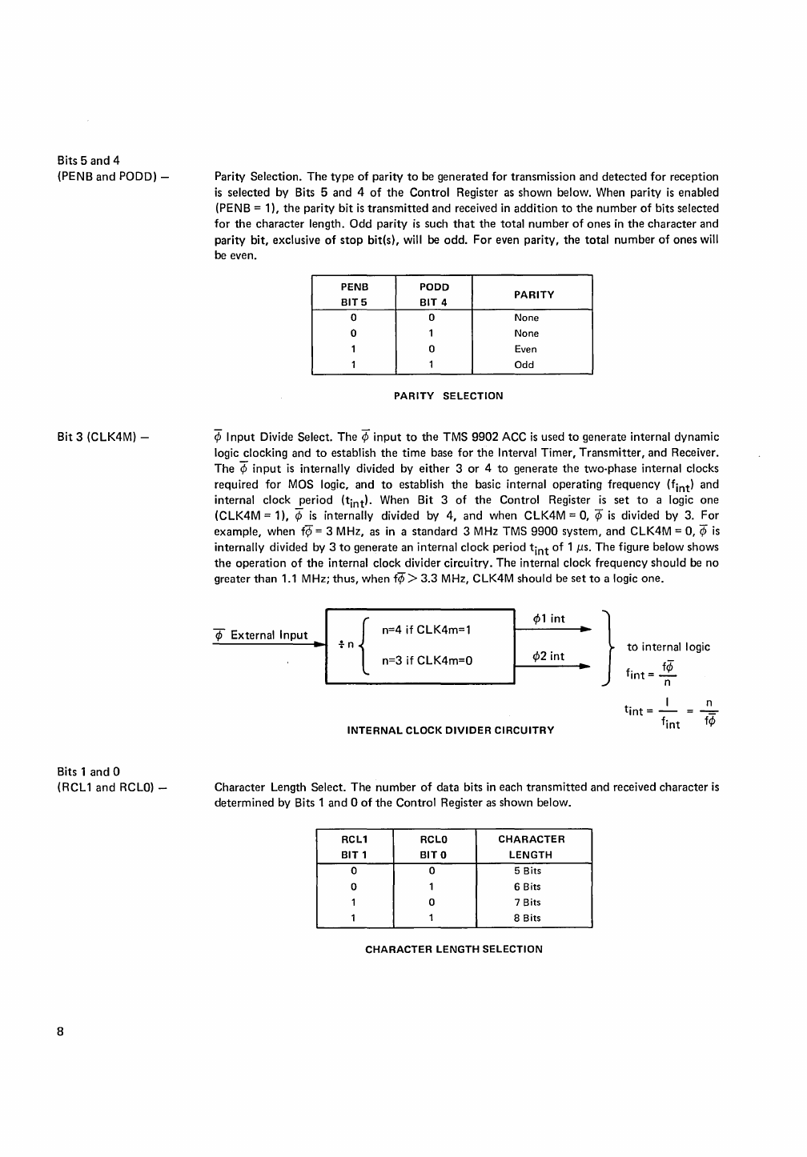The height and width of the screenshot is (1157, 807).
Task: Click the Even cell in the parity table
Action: [525, 349]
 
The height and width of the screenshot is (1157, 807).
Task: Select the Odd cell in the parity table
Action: [524, 365]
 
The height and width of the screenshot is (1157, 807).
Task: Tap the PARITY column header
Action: [534, 294]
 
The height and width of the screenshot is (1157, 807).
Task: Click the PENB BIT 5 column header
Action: [354, 294]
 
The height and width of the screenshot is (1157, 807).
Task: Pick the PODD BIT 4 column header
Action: [434, 294]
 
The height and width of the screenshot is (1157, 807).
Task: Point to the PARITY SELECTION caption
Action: [448, 396]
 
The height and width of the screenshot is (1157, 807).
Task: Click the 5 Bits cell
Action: [527, 871]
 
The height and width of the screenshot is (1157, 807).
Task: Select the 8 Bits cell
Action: [527, 918]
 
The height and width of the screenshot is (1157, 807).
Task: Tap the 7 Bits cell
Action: [527, 903]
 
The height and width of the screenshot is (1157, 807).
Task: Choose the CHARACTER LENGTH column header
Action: [531, 847]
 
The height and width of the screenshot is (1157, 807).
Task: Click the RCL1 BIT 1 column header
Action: [354, 847]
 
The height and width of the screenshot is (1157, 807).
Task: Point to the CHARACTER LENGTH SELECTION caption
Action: [453, 949]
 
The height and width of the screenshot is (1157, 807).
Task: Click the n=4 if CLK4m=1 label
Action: [426, 630]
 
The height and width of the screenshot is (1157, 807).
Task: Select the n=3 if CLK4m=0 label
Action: [427, 661]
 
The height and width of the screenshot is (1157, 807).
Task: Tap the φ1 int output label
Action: [548, 619]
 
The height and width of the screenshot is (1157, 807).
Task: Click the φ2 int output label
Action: [548, 656]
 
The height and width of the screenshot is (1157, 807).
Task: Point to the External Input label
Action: [268, 635]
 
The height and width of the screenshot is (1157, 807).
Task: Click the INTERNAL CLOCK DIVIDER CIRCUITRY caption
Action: [450, 730]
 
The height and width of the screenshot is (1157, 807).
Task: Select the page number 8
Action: [60, 1031]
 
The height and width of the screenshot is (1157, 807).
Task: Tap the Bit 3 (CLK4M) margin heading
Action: [104, 437]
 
